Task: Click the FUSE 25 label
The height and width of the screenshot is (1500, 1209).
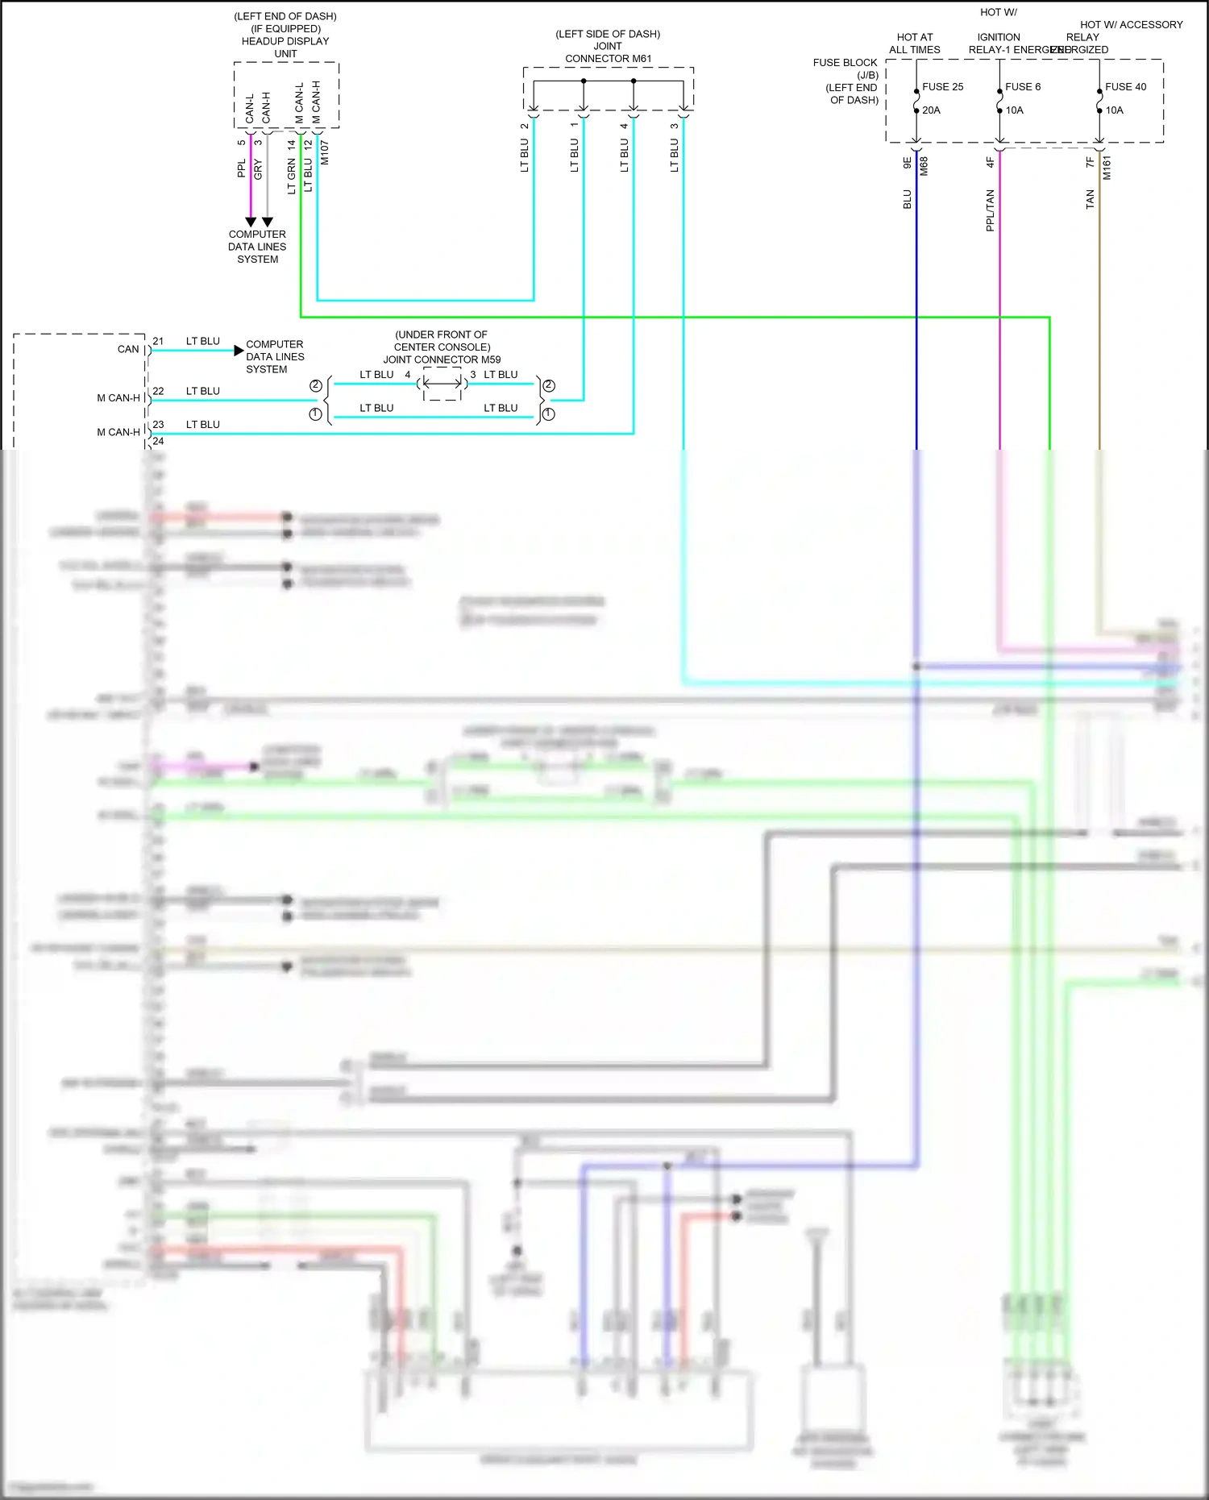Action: [x=942, y=87]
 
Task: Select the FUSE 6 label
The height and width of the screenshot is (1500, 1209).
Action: [x=1023, y=87]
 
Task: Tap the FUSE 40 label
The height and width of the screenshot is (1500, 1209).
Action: [x=1125, y=87]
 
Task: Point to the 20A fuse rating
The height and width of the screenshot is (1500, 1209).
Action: [x=931, y=110]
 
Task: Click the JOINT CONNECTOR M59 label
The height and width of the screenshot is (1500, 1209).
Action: [x=442, y=359]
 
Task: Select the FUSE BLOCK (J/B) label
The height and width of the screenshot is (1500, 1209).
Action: [x=846, y=69]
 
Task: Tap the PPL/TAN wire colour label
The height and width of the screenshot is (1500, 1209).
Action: [x=991, y=210]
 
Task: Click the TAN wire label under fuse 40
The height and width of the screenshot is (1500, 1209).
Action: [x=1091, y=200]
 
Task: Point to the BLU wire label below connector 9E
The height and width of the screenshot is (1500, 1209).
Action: [x=908, y=200]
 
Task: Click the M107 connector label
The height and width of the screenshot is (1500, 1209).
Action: [x=325, y=152]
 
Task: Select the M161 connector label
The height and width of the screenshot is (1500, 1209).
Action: [x=1107, y=168]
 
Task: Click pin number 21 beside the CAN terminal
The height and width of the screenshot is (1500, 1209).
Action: [x=158, y=341]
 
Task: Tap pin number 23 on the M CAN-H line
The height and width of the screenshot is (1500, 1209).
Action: [x=158, y=424]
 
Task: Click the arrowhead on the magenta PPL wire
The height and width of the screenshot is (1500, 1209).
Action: [x=251, y=222]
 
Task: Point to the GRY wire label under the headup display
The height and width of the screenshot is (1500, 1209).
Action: [x=258, y=169]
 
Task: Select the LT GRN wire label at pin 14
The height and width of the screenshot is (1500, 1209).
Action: [x=292, y=177]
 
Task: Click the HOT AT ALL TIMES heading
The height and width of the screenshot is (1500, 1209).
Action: [x=915, y=44]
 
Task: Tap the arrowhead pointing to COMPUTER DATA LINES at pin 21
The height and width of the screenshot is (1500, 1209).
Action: [x=239, y=350]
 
